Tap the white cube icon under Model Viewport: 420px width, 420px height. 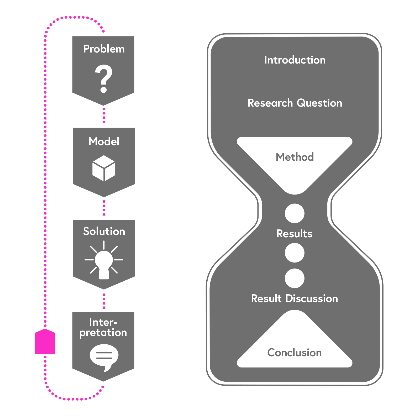(x=104, y=168)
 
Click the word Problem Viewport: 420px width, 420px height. (x=104, y=49)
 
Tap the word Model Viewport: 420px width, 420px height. (x=104, y=141)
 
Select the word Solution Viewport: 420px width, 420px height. (x=104, y=232)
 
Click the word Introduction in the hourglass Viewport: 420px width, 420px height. (x=295, y=60)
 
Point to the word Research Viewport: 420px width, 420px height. (x=270, y=103)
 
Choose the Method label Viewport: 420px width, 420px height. (x=295, y=157)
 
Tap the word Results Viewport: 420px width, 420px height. (x=295, y=234)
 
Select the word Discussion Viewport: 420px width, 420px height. (x=312, y=299)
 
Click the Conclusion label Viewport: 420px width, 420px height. (x=295, y=353)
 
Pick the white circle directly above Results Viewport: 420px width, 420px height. (x=295, y=213)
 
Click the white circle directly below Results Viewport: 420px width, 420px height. (x=295, y=253)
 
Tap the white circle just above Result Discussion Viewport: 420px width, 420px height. (x=295, y=278)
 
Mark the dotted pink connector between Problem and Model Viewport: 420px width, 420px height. (x=104, y=117)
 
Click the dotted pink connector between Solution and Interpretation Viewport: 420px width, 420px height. (x=104, y=301)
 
